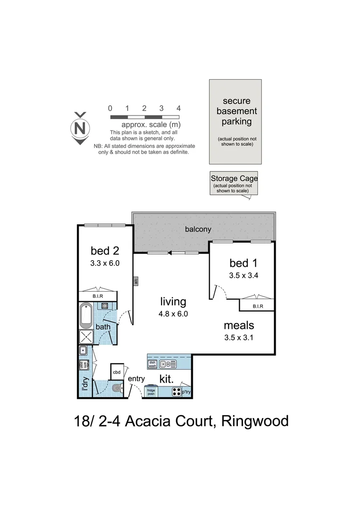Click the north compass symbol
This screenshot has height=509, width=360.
81,128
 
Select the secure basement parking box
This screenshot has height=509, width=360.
236,122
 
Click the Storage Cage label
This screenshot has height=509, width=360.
234,179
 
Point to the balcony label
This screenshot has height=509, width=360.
198,230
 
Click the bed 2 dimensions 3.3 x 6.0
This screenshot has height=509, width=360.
105,264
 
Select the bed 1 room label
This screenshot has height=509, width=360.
244,263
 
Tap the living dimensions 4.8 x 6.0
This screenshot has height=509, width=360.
173,313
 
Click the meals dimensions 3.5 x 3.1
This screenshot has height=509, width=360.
239,337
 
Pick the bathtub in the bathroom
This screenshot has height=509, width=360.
86,316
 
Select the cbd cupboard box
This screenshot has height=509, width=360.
117,371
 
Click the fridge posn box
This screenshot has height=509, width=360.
151,392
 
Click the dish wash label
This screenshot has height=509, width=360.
152,364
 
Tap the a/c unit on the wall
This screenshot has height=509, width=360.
135,282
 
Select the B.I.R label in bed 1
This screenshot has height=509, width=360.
257,306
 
